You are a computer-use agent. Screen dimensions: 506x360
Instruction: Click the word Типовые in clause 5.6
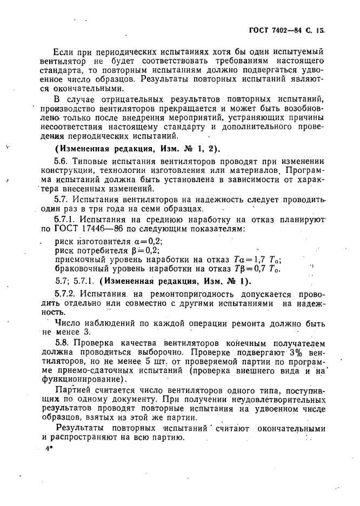[x=89, y=161]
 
